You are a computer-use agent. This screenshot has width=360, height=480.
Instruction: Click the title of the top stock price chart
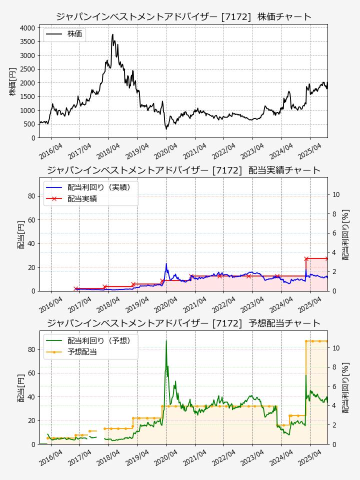tap(183, 16)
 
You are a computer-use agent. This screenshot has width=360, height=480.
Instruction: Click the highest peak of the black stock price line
tap(113, 34)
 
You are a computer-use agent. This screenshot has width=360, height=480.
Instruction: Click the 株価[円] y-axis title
tap(12, 81)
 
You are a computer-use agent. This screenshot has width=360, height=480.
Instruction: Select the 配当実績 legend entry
tap(82, 198)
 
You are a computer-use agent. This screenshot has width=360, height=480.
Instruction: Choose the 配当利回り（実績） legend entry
tap(99, 187)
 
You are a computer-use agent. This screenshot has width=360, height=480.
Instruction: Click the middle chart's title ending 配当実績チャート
tap(183, 170)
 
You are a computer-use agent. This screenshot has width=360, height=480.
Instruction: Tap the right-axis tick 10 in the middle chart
tap(336, 194)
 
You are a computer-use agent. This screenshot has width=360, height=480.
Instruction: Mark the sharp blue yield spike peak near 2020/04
tap(166, 263)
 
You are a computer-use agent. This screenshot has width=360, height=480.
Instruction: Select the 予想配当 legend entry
tap(82, 352)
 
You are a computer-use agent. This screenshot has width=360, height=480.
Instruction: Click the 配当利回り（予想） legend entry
tap(99, 340)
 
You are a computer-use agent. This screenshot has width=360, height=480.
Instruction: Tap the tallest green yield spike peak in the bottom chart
tap(166, 340)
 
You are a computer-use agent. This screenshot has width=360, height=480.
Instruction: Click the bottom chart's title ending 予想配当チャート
tap(183, 323)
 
